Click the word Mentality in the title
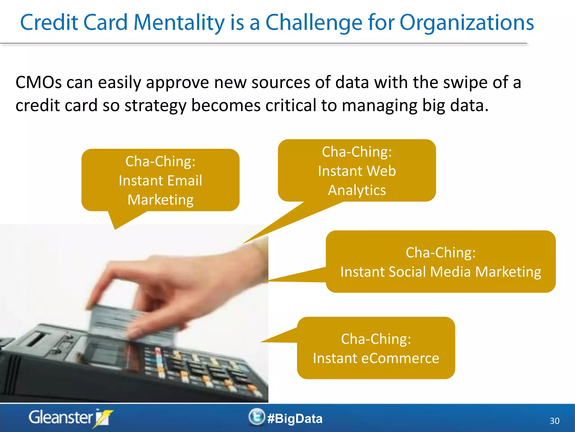tap(179, 22)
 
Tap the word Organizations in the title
tap(466, 22)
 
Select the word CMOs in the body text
tap(38, 82)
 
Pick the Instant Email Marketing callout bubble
tap(160, 180)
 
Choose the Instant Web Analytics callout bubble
tap(357, 170)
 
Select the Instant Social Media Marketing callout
tap(441, 262)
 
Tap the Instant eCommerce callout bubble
tap(376, 348)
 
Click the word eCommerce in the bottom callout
tap(400, 358)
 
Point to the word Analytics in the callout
tap(357, 190)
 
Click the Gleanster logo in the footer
tap(70, 418)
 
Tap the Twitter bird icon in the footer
tap(256, 417)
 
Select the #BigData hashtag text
tap(295, 418)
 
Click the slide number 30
tap(555, 421)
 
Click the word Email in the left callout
tap(185, 180)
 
